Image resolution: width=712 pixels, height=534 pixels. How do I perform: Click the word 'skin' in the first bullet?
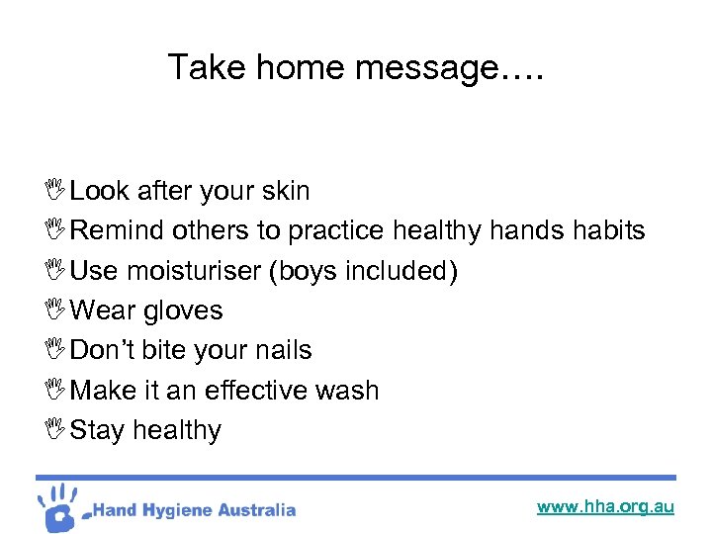286,191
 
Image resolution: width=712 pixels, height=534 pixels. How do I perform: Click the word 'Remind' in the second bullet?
118,230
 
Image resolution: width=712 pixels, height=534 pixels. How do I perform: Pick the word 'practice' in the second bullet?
336,230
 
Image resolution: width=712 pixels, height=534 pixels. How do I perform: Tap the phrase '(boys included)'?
363,271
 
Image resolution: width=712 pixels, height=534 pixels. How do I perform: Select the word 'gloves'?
183,311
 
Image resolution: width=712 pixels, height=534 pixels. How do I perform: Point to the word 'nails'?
282,350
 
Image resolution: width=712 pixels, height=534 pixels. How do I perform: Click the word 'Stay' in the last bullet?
97,430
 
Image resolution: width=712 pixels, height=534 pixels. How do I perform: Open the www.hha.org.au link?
605,506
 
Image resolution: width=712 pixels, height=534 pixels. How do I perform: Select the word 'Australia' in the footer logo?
256,510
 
